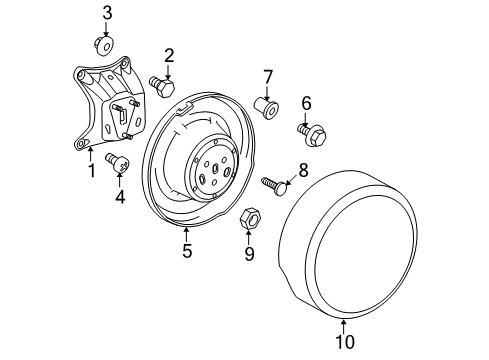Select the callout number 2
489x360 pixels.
tap(170, 55)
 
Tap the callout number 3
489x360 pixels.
tap(108, 13)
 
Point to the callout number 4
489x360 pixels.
tap(120, 196)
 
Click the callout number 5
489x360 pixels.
tap(187, 251)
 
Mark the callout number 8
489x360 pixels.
tap(303, 171)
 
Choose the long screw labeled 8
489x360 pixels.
tap(275, 184)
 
